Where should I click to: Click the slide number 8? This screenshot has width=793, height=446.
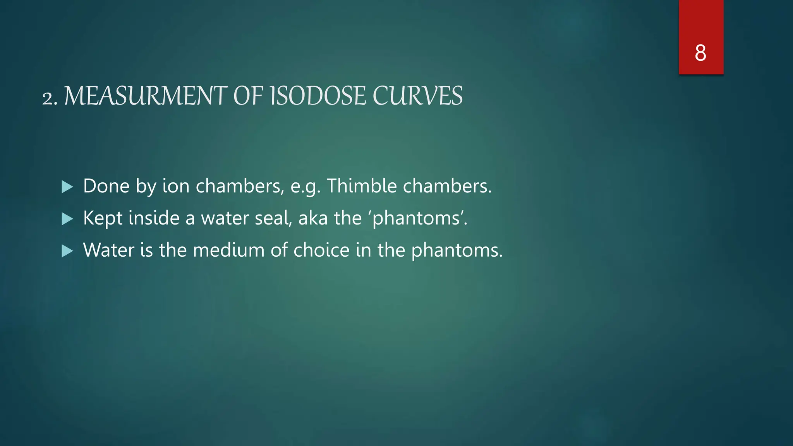tap(700, 53)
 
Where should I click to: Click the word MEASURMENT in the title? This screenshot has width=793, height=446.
tap(146, 96)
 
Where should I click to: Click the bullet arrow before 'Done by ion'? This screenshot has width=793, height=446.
tap(67, 187)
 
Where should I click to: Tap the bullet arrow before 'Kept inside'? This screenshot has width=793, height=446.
tap(67, 219)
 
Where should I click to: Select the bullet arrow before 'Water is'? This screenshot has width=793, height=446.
tap(67, 251)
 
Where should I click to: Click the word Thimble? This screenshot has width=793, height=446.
tap(362, 186)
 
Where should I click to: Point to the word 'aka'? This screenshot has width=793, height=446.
tap(313, 218)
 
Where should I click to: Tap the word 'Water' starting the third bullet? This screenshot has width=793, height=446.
tap(108, 250)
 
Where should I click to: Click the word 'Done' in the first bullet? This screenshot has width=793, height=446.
tap(106, 186)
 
